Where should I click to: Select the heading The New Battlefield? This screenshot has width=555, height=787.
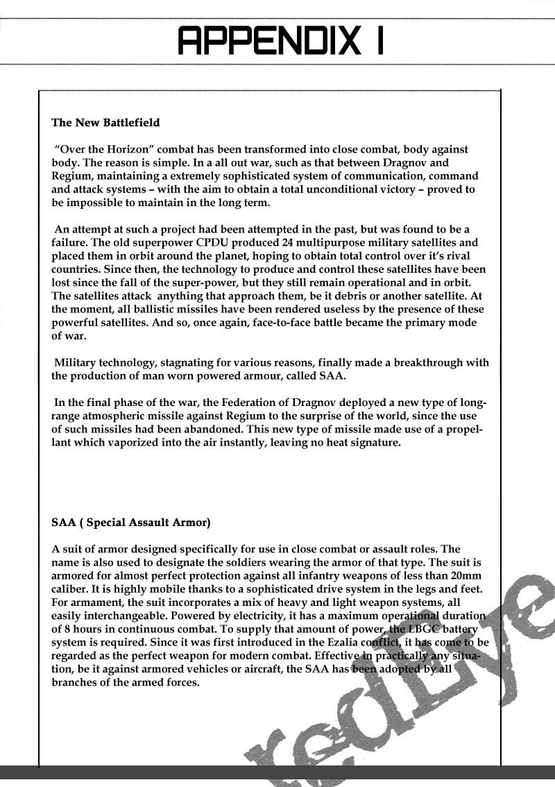(x=105, y=123)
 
